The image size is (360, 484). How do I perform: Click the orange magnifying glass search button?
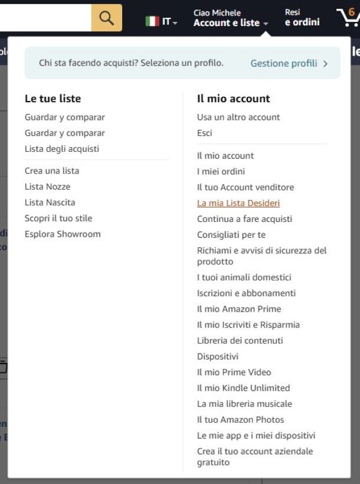[x=107, y=18]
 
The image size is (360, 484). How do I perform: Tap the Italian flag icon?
[x=152, y=21]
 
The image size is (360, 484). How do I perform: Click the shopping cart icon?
[x=348, y=18]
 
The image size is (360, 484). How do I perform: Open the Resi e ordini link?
[x=302, y=18]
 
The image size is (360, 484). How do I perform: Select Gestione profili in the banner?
[x=289, y=63]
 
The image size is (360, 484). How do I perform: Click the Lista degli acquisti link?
[x=62, y=149]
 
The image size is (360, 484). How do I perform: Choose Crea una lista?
[x=52, y=171]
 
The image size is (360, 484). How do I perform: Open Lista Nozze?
[x=47, y=187]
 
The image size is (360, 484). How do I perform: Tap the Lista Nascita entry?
[x=50, y=202]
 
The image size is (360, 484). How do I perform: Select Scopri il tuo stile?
[x=58, y=218]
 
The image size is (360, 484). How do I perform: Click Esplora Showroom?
[x=63, y=234]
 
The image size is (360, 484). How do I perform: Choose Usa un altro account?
[x=238, y=117]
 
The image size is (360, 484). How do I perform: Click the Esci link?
[x=204, y=133]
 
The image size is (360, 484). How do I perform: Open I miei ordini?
[x=221, y=171]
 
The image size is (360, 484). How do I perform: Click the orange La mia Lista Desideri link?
[x=238, y=203]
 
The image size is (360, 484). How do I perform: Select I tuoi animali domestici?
[x=244, y=277]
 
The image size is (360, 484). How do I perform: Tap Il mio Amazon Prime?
[x=239, y=309]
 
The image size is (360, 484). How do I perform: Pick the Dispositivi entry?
[x=218, y=357]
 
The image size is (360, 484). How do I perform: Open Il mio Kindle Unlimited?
[x=243, y=388]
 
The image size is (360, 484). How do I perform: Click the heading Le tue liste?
[x=53, y=99]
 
